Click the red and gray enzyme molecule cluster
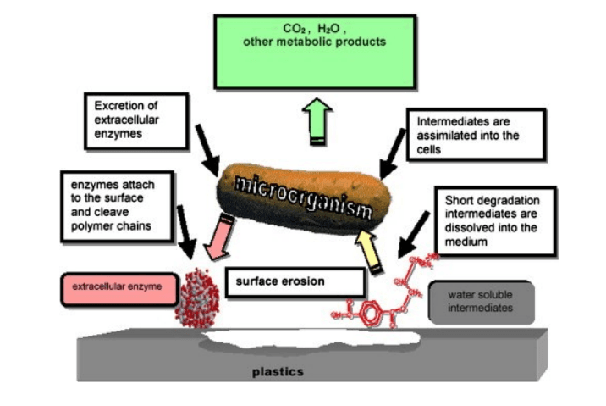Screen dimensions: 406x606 (x=197, y=298)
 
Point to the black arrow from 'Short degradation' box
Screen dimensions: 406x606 (x=416, y=240)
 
